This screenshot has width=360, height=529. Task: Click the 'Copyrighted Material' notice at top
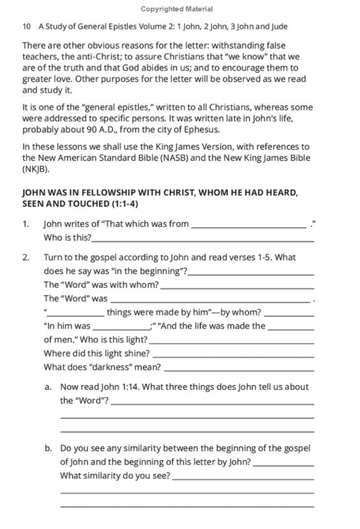(179, 10)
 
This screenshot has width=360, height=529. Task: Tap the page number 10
(26, 27)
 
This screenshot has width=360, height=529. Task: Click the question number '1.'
(26, 224)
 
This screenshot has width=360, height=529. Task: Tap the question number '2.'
(26, 257)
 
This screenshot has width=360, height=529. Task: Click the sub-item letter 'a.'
(49, 387)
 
